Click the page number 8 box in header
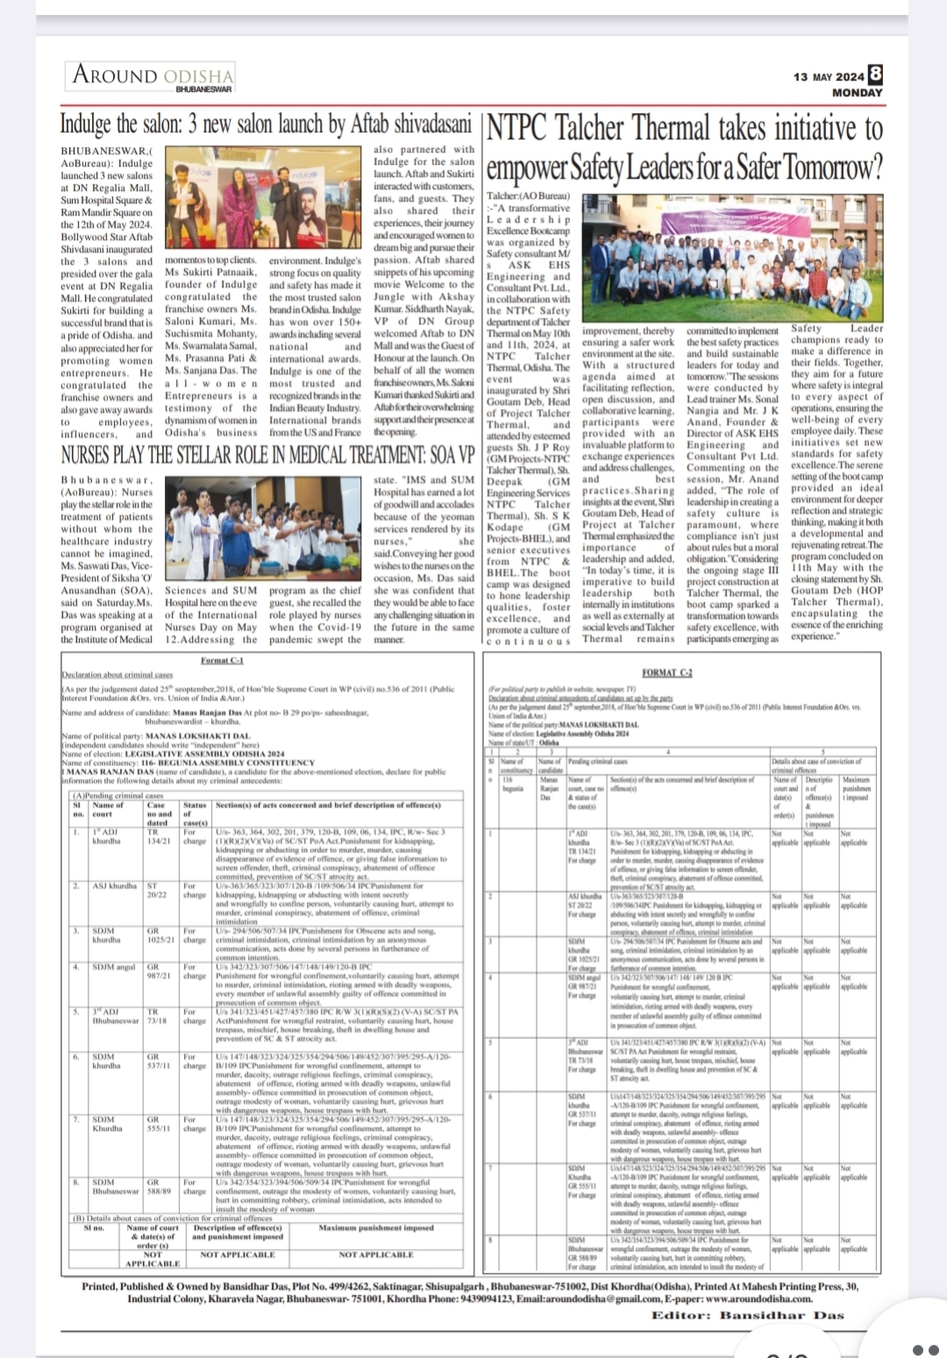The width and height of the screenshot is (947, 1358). pos(874,75)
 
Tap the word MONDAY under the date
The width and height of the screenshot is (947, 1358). pos(857,92)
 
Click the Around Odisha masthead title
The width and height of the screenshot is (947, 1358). pos(153,75)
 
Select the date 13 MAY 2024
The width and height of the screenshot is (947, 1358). pos(829,77)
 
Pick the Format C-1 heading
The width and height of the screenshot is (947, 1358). pos(222,660)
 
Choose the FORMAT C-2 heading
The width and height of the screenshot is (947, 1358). pos(666,673)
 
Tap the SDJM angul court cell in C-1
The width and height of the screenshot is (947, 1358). pos(114,967)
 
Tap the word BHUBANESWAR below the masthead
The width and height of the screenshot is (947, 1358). pos(203,89)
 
